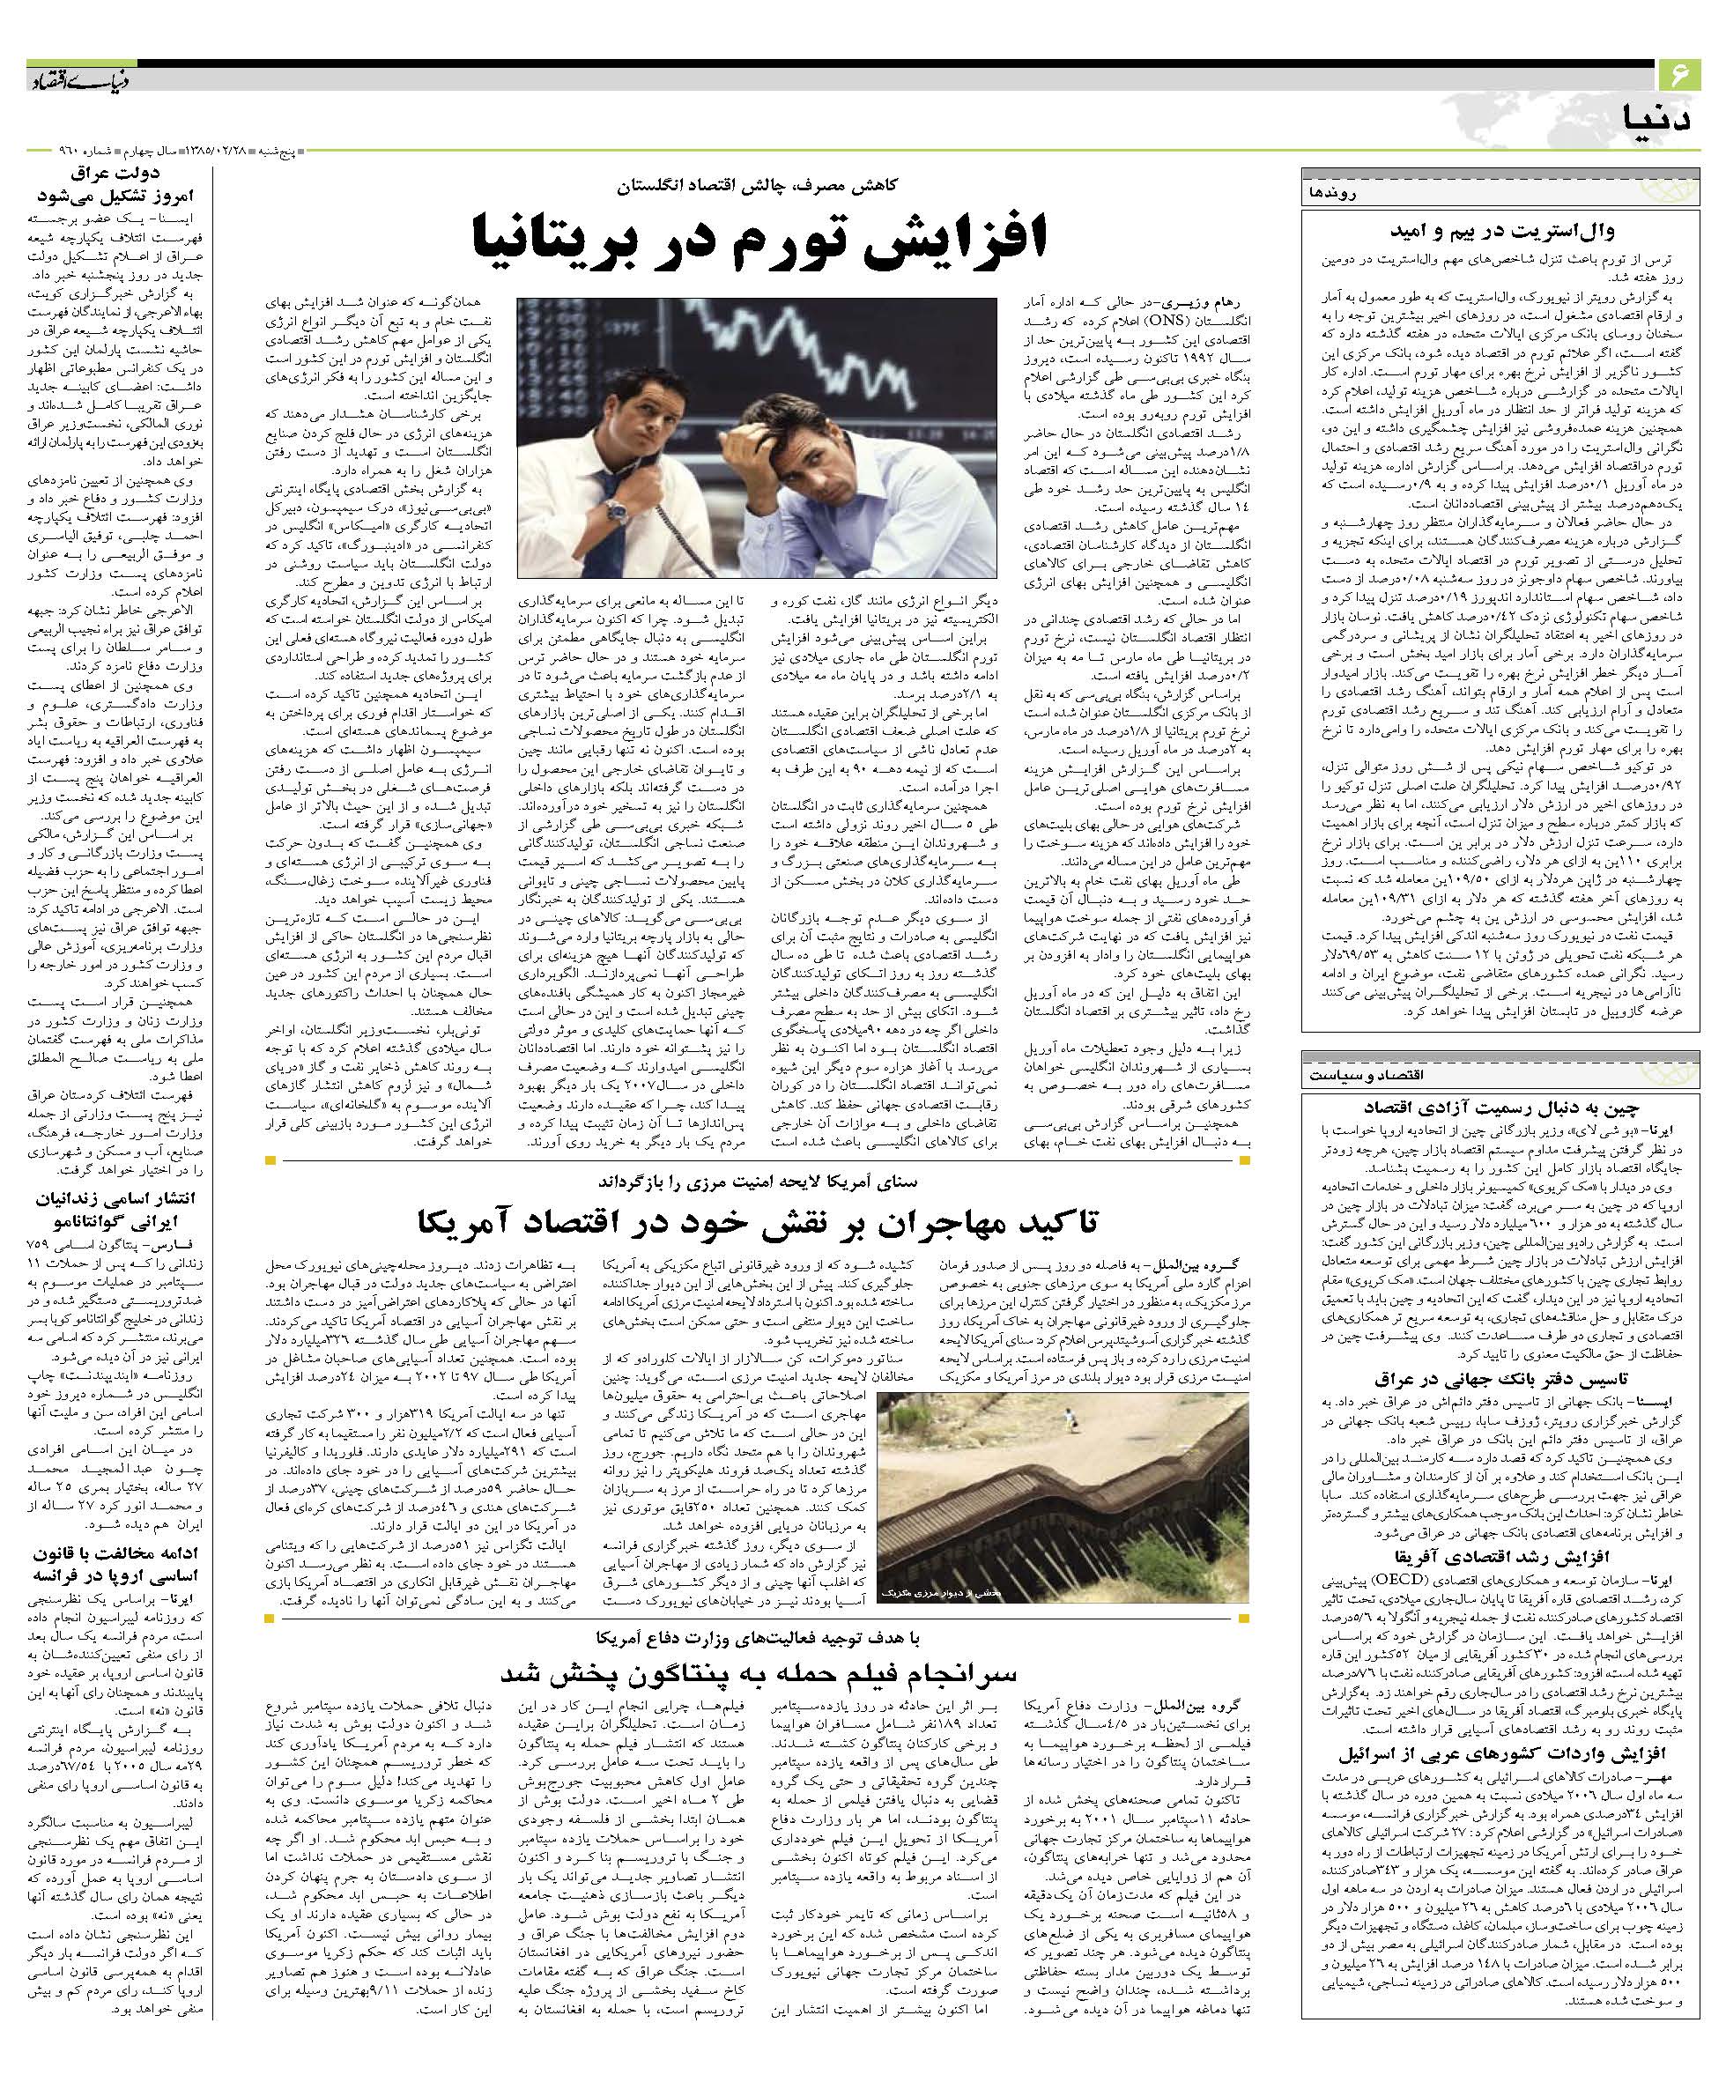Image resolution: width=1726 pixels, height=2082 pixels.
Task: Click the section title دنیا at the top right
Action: (x=1658, y=117)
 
